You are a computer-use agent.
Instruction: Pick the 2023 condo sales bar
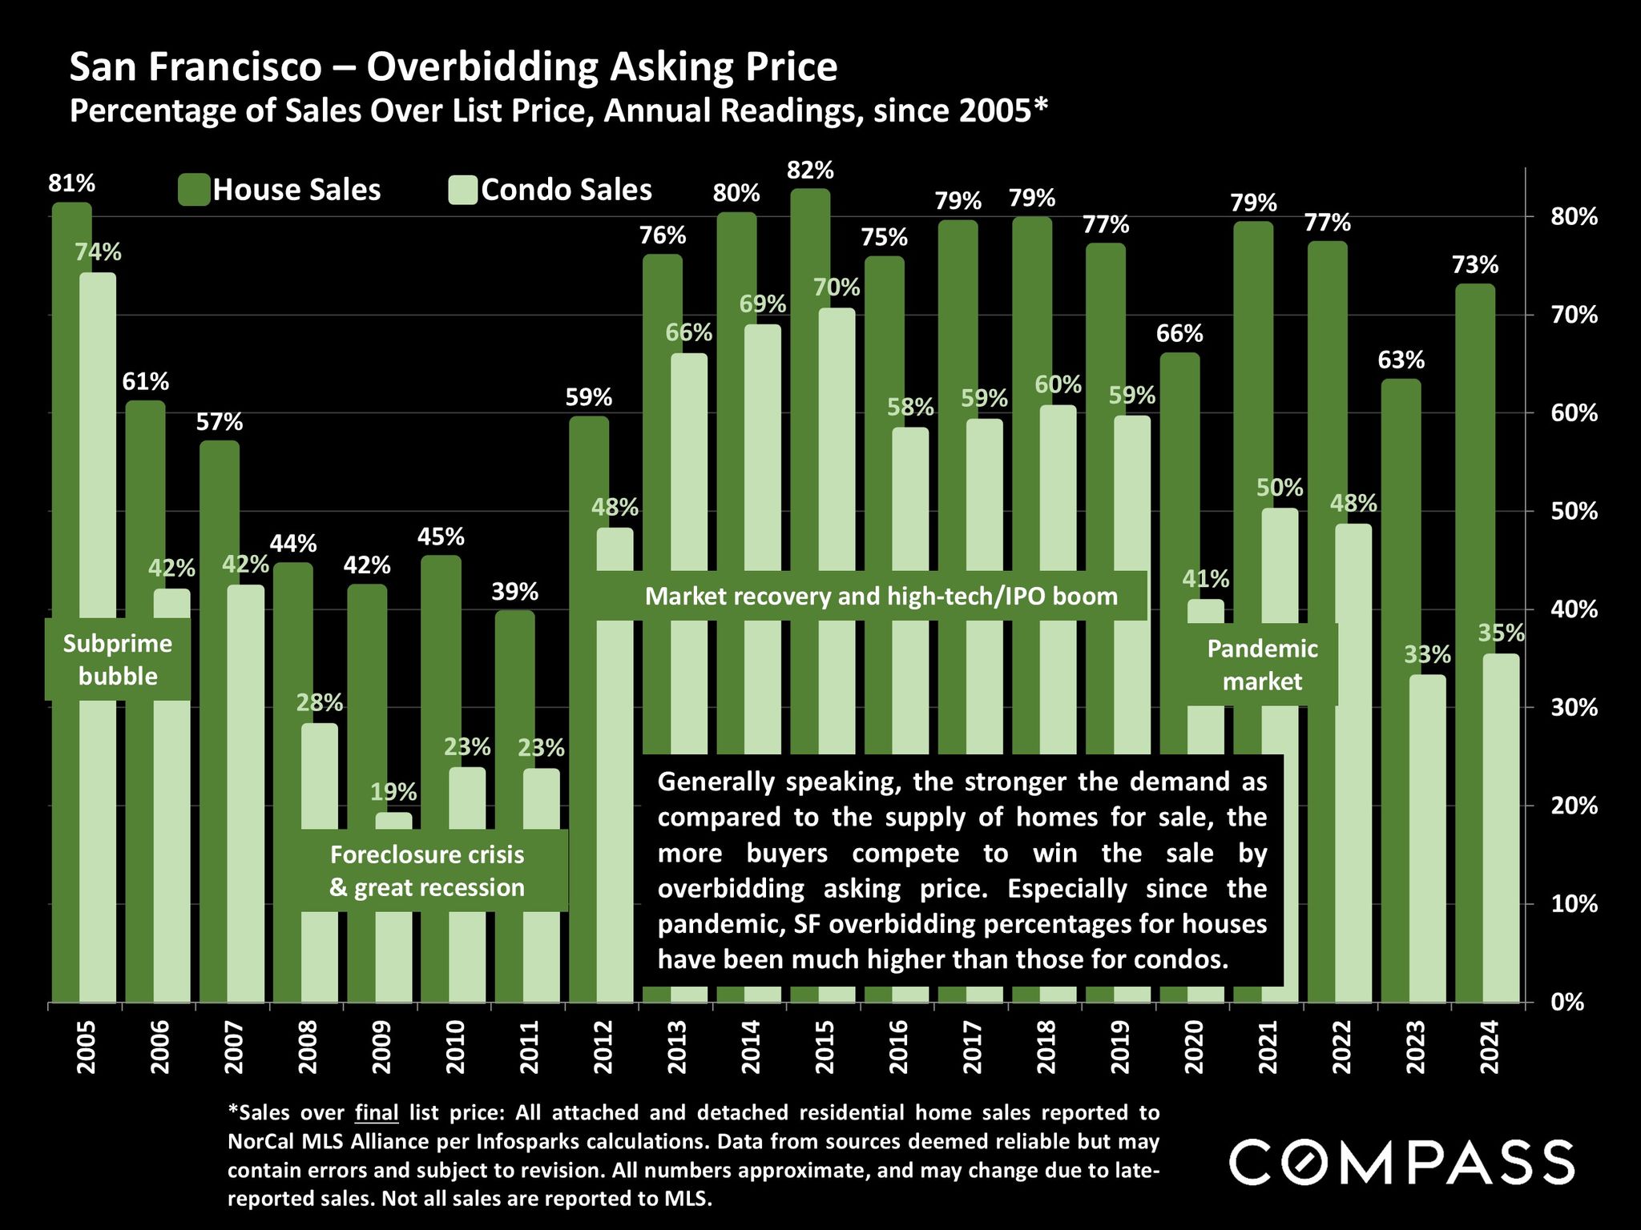pyautogui.click(x=1428, y=841)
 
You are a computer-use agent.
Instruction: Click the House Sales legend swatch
pyautogui.click(x=194, y=191)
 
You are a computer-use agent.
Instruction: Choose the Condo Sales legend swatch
pyautogui.click(x=463, y=191)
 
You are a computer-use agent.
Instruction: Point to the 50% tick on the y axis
pyautogui.click(x=1574, y=511)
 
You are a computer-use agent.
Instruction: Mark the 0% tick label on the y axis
pyautogui.click(x=1566, y=1003)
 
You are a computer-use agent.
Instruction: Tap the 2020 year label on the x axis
pyautogui.click(x=1193, y=1047)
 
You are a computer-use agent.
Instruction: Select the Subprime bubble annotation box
pyautogui.click(x=118, y=660)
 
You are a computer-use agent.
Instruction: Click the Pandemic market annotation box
pyautogui.click(x=1262, y=665)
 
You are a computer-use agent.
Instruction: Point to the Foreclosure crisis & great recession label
pyautogui.click(x=427, y=871)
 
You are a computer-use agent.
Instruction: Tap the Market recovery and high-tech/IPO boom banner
pyautogui.click(x=881, y=596)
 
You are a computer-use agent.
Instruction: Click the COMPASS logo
pyautogui.click(x=1401, y=1162)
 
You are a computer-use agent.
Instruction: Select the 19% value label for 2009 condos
pyautogui.click(x=393, y=793)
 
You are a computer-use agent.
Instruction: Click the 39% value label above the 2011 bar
pyautogui.click(x=514, y=593)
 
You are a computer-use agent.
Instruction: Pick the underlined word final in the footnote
pyautogui.click(x=377, y=1113)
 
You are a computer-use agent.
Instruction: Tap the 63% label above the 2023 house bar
pyautogui.click(x=1401, y=360)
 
